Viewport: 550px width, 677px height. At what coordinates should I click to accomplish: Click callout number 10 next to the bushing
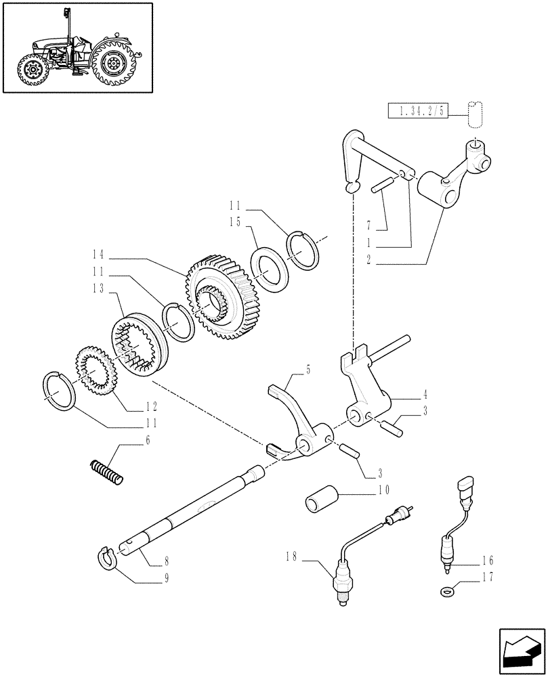[x=383, y=489]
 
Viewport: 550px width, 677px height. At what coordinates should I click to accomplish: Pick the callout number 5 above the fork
[x=308, y=370]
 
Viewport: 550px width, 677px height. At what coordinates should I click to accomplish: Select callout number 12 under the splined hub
[x=150, y=406]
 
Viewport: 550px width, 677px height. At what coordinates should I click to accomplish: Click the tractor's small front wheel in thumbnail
[x=31, y=70]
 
